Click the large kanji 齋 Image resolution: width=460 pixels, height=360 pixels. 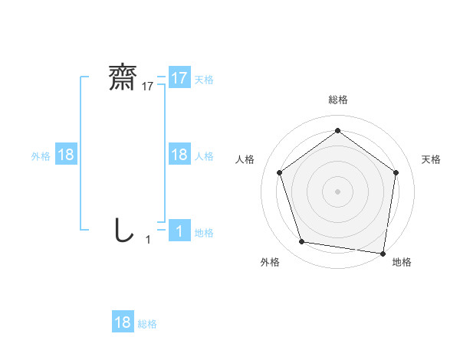123,77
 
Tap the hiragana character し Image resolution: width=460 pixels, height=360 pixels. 123,230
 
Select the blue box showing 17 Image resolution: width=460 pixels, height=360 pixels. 179,78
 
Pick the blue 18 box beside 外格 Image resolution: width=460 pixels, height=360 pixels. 66,155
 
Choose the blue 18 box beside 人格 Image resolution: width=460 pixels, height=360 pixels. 179,155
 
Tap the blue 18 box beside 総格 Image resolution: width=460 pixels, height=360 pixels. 123,323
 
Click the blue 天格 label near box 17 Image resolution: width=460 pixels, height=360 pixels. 204,79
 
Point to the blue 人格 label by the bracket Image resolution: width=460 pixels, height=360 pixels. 204,156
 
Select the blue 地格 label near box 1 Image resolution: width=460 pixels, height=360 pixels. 204,233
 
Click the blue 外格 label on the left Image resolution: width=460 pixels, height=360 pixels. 41,156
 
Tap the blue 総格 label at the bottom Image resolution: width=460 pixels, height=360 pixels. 147,324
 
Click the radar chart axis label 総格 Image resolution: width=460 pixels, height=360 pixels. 338,100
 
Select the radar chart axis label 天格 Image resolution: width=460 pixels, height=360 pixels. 432,159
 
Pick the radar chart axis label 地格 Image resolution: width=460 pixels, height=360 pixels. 402,262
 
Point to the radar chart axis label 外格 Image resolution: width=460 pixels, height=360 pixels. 270,262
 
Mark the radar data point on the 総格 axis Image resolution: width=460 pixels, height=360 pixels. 337,131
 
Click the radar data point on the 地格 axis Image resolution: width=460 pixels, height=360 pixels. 383,253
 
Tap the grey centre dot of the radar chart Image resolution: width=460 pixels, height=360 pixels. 337,191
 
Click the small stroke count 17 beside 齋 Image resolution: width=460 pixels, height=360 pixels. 148,87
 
